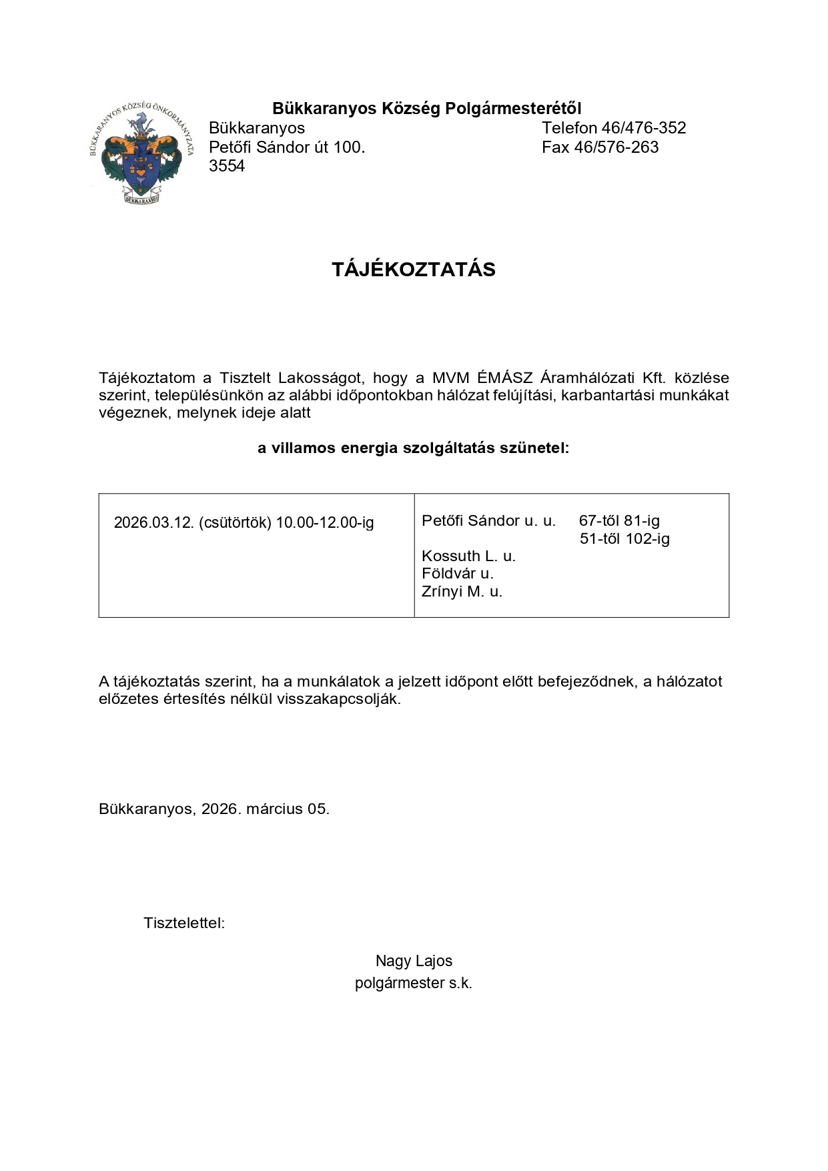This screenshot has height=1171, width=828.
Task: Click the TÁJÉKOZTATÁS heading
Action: click(414, 270)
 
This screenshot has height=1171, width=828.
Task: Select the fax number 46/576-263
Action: click(616, 147)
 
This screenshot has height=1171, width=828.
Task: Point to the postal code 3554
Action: click(227, 166)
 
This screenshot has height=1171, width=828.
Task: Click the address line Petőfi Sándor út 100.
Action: click(287, 147)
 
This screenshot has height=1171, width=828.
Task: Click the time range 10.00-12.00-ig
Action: click(325, 522)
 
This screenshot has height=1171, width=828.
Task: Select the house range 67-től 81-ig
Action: click(619, 521)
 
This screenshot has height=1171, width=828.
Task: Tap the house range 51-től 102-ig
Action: click(625, 539)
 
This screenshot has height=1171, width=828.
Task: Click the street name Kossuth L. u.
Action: click(468, 556)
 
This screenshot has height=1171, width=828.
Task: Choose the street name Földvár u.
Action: click(458, 574)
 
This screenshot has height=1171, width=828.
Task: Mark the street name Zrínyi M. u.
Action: click(462, 592)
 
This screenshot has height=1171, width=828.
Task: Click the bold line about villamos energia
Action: click(414, 448)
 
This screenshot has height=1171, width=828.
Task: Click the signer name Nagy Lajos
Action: click(414, 961)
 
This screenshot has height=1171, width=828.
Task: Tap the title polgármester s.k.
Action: click(414, 984)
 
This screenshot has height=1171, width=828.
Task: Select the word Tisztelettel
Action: click(184, 924)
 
